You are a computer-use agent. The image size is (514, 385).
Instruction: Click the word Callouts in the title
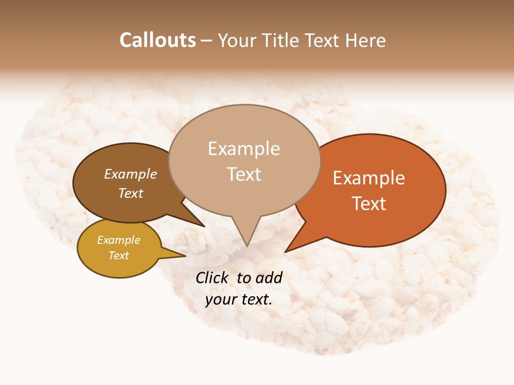click(x=157, y=41)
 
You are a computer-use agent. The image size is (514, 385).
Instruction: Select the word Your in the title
click(x=236, y=41)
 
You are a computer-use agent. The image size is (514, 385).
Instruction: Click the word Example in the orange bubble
click(x=369, y=178)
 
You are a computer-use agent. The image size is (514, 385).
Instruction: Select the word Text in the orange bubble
click(x=369, y=204)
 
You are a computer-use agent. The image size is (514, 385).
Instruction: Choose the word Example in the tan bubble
click(x=244, y=149)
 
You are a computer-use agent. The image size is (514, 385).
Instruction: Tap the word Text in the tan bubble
click(x=244, y=174)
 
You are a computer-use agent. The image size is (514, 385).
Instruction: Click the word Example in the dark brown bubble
click(x=131, y=174)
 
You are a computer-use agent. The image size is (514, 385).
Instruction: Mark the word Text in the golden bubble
click(x=119, y=256)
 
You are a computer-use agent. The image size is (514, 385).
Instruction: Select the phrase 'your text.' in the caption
click(x=239, y=299)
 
